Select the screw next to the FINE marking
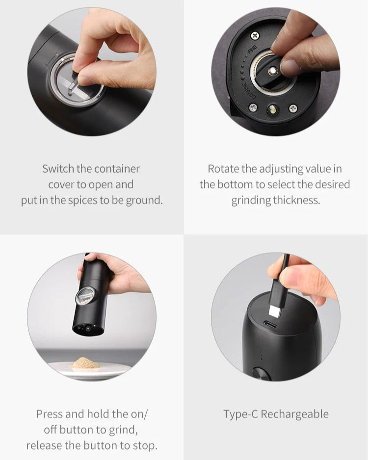[255, 35]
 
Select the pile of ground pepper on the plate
[86, 363]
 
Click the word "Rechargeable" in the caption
[294, 414]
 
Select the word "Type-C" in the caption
[240, 414]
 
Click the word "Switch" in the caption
[57, 169]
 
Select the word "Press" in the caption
[50, 414]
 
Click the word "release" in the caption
[45, 445]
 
